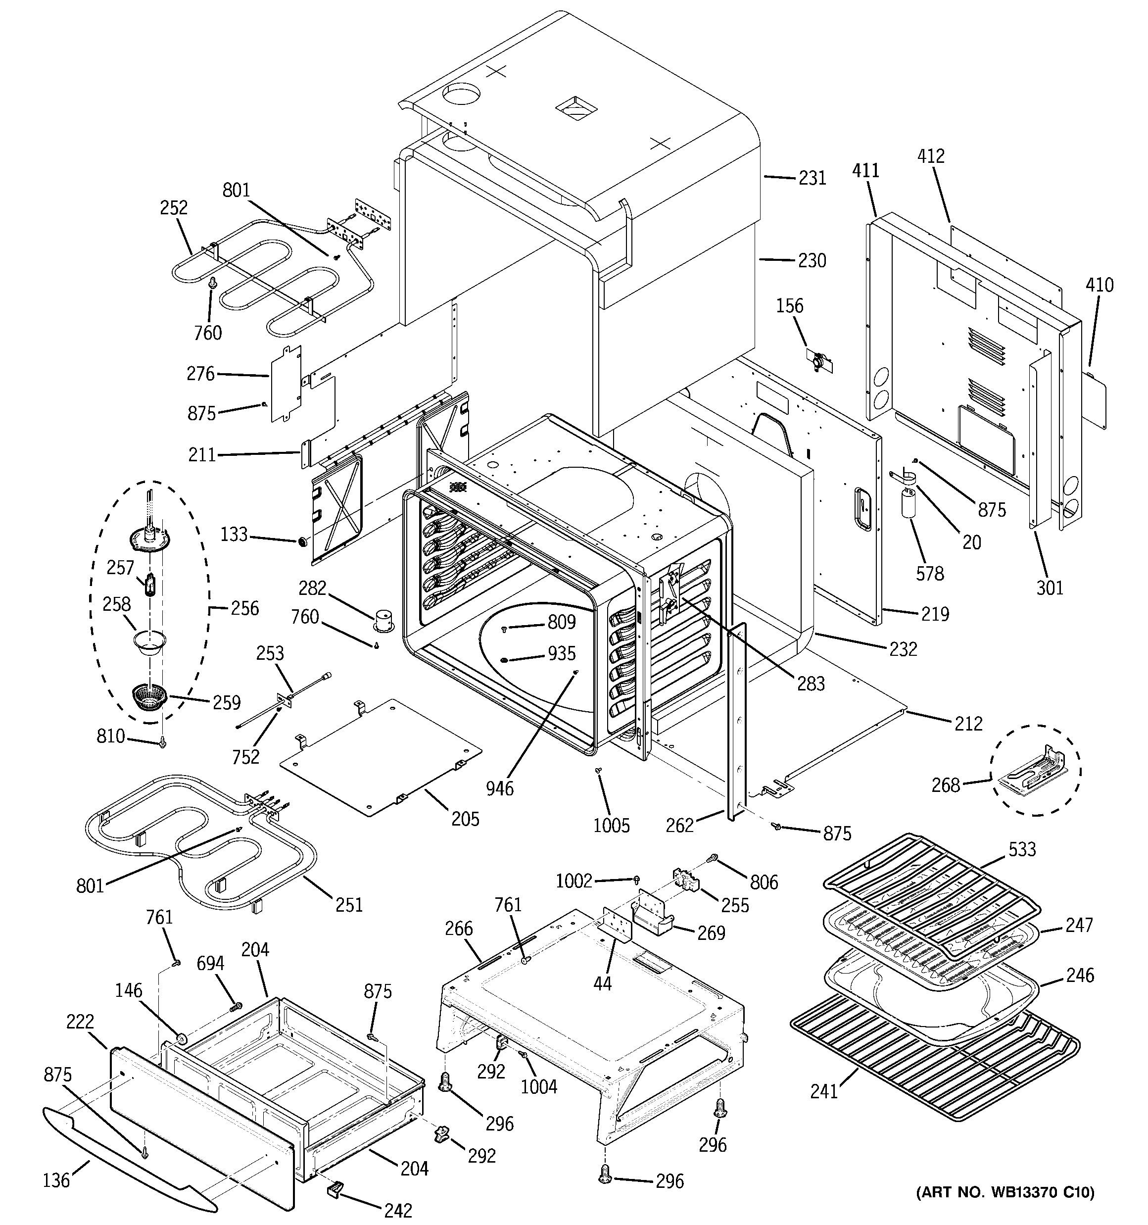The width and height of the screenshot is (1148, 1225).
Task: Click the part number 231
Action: [812, 178]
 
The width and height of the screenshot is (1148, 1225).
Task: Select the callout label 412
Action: [930, 156]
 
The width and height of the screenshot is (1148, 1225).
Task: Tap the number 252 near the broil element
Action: [173, 208]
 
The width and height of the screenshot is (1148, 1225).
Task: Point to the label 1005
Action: [611, 826]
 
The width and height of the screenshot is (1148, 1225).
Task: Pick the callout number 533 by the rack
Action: [1022, 850]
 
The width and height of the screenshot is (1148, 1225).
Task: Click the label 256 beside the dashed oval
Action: [244, 608]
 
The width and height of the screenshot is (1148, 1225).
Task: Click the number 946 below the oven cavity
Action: [499, 788]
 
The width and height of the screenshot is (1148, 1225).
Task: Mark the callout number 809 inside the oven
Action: [561, 622]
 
